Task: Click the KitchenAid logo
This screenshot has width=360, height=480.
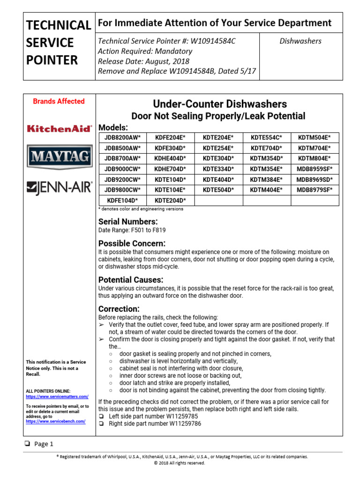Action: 59,128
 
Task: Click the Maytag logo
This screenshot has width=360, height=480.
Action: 59,156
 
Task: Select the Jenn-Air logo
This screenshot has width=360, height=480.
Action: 59,188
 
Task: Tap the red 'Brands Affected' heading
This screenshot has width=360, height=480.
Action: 59,101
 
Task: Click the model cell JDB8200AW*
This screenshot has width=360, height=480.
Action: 122,137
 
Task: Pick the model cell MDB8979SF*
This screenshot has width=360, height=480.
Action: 315,190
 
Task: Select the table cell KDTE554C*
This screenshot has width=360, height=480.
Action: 266,137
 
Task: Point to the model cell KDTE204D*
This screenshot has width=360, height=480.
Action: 170,201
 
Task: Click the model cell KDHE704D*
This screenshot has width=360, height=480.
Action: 170,169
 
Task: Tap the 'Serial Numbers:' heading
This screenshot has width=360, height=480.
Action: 127,221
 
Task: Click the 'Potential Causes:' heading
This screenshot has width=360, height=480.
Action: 131,279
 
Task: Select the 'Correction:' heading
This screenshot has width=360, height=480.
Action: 119,309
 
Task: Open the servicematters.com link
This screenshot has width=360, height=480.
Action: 57,397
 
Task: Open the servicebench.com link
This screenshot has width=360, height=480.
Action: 55,421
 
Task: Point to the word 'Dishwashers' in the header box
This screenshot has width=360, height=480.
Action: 300,41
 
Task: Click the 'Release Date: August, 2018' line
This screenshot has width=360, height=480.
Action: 144,61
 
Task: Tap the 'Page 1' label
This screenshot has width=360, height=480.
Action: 44,444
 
